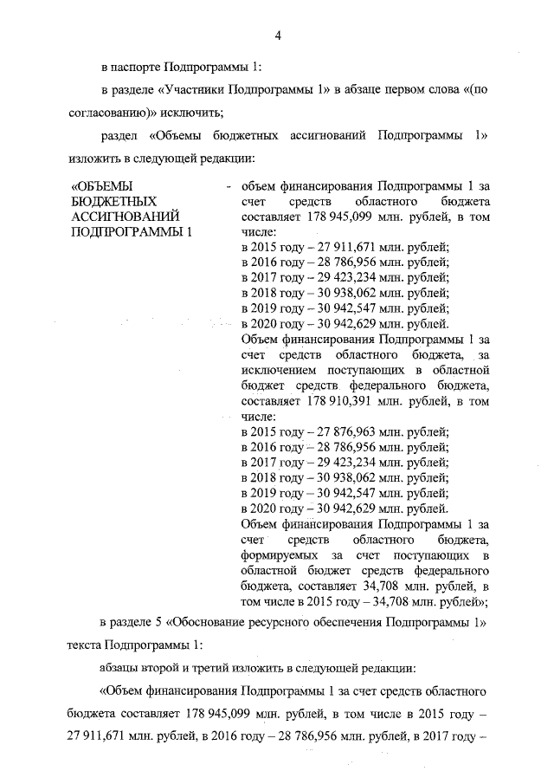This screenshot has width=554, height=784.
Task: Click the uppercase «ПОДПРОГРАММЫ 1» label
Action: tap(130, 232)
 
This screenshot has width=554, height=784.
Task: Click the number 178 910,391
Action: tap(338, 401)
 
